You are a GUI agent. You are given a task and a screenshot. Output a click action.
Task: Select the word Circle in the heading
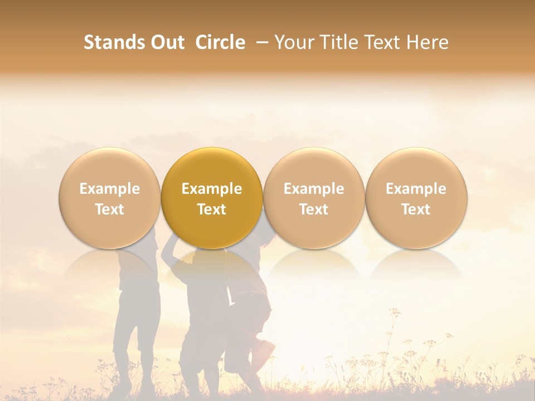[x=220, y=42]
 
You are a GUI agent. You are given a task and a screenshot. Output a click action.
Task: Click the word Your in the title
[x=294, y=42]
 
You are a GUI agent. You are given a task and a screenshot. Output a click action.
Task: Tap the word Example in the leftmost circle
[x=110, y=189]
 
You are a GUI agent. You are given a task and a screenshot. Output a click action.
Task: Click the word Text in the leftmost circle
[x=110, y=209]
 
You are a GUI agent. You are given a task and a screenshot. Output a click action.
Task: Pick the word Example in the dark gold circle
[x=212, y=189]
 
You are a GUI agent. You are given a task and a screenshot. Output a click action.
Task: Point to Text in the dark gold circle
[x=212, y=209]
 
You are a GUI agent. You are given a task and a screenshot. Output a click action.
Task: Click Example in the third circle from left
[x=314, y=189]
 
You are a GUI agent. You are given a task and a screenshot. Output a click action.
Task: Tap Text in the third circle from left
[x=314, y=209]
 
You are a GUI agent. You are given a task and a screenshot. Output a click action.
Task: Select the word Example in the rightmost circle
[x=416, y=189]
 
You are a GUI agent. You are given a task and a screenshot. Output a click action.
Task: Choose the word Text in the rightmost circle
[x=416, y=209]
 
